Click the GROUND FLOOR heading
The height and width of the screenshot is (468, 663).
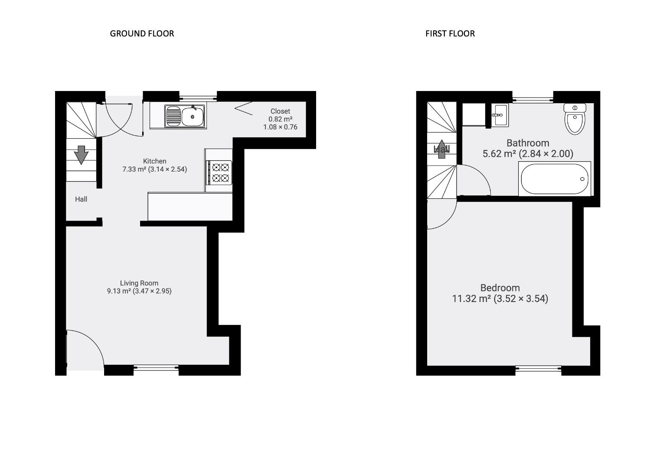pyautogui.click(x=142, y=34)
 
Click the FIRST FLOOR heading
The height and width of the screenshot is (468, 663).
pyautogui.click(x=450, y=34)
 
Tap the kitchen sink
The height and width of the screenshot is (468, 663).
pyautogui.click(x=185, y=116)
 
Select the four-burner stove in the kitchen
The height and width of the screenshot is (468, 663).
pyautogui.click(x=220, y=172)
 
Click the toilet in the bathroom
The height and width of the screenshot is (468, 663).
pyautogui.click(x=575, y=119)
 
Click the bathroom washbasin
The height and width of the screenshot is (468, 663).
pyautogui.click(x=499, y=115)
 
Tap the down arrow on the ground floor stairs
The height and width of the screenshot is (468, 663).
pyautogui.click(x=81, y=155)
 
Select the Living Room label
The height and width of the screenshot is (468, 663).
pyautogui.click(x=139, y=283)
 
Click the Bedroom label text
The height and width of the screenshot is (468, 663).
pyautogui.click(x=500, y=288)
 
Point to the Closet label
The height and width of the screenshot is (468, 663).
pyautogui.click(x=280, y=111)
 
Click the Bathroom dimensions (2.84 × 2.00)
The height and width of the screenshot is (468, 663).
pyautogui.click(x=546, y=154)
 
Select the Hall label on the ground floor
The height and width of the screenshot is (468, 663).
pyautogui.click(x=81, y=199)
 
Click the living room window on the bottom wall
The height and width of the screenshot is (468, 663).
pyautogui.click(x=156, y=368)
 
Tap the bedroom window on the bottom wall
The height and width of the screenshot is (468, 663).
pyautogui.click(x=538, y=369)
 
